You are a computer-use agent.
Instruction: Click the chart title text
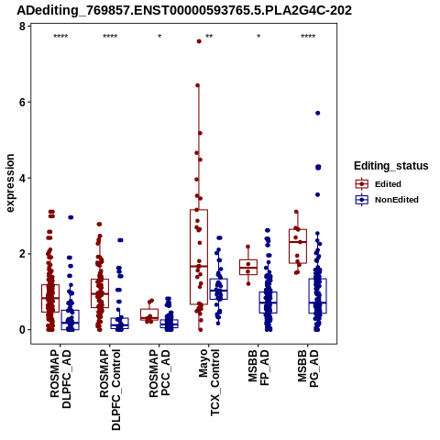click(184, 11)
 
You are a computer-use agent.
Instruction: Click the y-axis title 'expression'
click(10, 183)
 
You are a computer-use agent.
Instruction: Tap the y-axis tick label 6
click(22, 103)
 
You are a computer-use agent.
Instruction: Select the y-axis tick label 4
click(22, 178)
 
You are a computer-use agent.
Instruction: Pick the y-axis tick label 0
click(22, 330)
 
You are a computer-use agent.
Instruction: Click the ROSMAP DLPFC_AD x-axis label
click(60, 379)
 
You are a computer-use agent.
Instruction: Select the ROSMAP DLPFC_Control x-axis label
click(110, 390)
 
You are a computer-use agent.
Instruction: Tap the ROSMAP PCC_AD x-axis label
click(159, 373)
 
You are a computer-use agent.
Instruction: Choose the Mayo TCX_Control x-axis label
click(209, 382)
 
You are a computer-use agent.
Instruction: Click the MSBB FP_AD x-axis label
click(258, 368)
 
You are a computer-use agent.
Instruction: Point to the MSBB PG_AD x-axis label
click(308, 368)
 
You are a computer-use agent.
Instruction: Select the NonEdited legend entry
click(387, 200)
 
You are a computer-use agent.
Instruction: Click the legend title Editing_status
click(391, 166)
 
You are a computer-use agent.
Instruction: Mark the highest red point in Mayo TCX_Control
click(199, 41)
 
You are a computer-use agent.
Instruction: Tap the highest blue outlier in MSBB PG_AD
click(318, 113)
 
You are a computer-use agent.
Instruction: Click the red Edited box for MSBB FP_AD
click(248, 267)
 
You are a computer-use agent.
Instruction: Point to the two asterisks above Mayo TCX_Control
click(209, 37)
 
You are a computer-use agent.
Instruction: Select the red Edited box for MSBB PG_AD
click(298, 246)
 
